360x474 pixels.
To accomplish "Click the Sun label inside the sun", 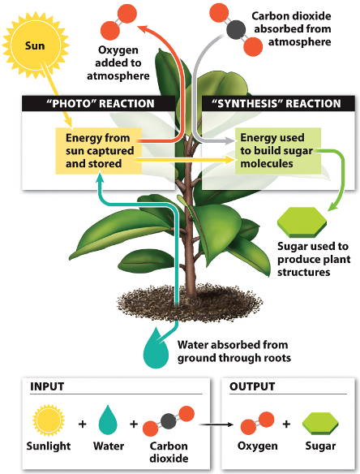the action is point(35,46).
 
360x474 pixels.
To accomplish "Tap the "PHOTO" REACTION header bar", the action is point(98,103).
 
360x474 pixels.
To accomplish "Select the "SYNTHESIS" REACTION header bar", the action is point(278,103).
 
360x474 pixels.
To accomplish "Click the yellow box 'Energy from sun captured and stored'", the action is point(98,151).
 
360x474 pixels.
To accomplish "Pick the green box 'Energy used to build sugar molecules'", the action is point(278,151).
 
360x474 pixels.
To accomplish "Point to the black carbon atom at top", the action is point(236,30).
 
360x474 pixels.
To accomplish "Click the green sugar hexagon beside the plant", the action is point(302,222).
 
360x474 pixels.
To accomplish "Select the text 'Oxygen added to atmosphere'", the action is point(118,62).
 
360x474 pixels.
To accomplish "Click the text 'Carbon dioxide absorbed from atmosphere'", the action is point(292,28).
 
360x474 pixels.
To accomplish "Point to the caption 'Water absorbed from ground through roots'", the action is point(234,351).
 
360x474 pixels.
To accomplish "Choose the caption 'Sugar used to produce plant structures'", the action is point(314,259).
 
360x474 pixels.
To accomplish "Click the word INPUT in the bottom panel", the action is point(47,386).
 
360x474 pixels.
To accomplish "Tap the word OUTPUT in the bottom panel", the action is point(252,386).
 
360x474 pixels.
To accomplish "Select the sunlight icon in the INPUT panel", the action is point(49,420).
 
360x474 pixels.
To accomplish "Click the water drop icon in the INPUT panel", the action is point(108,420).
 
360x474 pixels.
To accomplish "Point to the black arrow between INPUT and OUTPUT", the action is point(216,424).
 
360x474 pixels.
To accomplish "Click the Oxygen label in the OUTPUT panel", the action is point(257,446).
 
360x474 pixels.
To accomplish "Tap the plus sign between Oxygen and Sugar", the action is point(286,424).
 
